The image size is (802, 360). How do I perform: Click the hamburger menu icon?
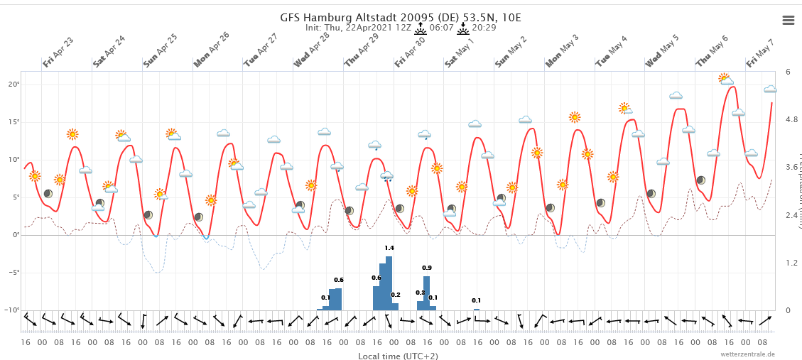click(788, 20)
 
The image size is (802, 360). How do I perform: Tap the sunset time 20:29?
click(484, 28)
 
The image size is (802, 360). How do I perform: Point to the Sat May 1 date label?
click(460, 52)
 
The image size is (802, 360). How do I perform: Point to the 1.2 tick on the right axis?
click(791, 263)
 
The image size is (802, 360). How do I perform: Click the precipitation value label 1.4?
click(389, 248)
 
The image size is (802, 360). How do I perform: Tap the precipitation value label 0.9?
click(427, 268)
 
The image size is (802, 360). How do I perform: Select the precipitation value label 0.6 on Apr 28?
click(339, 280)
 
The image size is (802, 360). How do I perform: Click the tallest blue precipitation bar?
click(389, 283)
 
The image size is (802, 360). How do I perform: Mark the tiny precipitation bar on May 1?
click(477, 309)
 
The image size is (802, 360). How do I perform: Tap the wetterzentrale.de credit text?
click(747, 354)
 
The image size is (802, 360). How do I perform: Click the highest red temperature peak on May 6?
click(732, 87)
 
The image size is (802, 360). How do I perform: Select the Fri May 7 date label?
click(760, 53)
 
